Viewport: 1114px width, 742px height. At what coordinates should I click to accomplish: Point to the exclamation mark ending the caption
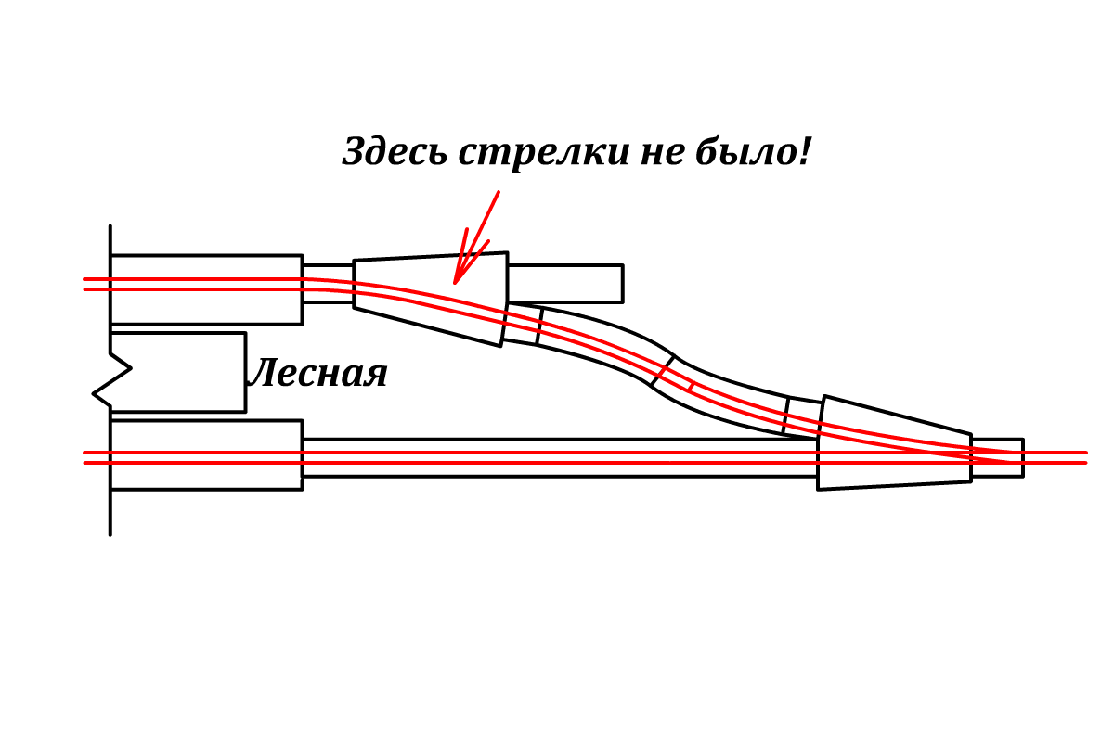(x=804, y=151)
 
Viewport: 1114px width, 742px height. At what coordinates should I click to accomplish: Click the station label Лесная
(x=317, y=374)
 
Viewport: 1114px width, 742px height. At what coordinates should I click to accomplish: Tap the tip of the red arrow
(x=455, y=282)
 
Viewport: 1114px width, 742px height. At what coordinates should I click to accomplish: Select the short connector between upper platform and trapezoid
(x=328, y=284)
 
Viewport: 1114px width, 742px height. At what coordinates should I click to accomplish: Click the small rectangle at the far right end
(x=998, y=457)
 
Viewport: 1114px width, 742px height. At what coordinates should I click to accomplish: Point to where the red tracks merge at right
(x=1012, y=457)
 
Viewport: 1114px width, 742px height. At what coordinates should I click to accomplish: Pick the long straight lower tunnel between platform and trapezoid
(x=557, y=457)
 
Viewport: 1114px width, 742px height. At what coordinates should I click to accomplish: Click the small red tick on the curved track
(x=691, y=385)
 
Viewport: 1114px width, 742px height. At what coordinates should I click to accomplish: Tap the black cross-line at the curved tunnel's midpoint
(x=662, y=371)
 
